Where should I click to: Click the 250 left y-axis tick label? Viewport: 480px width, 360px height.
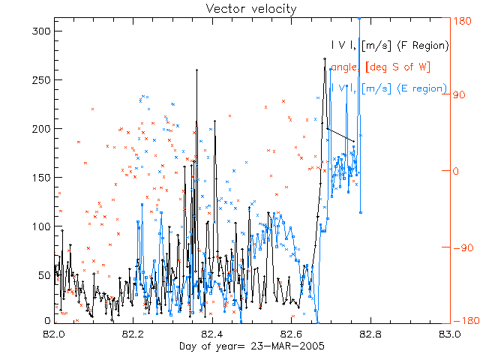coord(41,79)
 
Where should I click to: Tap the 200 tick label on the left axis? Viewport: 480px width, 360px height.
coord(41,128)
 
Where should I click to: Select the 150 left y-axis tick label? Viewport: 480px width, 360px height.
coord(41,177)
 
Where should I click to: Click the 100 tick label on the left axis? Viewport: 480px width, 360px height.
coord(41,226)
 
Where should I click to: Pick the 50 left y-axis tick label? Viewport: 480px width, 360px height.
coord(44,275)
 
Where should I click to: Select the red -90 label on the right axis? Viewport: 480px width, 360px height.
coord(460,247)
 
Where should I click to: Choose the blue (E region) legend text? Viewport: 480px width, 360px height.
coord(420,88)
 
